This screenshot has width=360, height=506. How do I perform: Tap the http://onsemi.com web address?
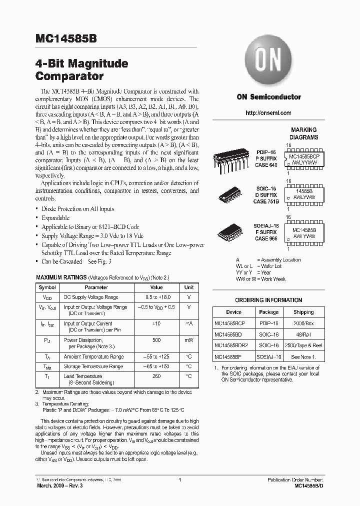(x=268, y=113)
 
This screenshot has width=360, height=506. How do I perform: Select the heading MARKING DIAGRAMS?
(x=303, y=133)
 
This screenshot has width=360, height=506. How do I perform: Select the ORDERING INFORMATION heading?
(x=268, y=300)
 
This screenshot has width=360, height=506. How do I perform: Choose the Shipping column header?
(x=303, y=312)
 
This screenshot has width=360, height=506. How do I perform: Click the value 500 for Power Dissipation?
(x=156, y=340)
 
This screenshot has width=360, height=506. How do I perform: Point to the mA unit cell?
(x=189, y=324)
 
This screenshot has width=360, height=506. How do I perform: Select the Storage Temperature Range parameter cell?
(x=93, y=366)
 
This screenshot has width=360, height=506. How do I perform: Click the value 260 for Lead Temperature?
(x=156, y=376)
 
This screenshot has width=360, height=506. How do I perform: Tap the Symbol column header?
(x=47, y=287)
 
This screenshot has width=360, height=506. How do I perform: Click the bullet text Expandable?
(x=55, y=218)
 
